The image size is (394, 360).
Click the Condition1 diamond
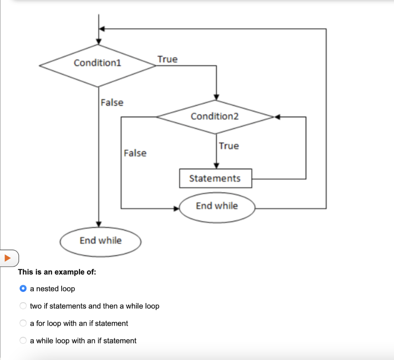point(98,63)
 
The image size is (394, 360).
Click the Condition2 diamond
point(215,116)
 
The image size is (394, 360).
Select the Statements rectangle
point(215,178)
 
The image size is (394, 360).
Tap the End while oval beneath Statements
point(217,206)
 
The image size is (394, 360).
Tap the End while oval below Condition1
point(100,241)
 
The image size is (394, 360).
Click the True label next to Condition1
point(167,59)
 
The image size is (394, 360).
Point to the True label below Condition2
point(229,146)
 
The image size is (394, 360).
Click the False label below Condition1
point(112,103)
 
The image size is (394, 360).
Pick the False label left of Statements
point(135,153)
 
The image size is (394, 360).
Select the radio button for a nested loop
point(23,289)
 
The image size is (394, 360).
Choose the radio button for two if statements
point(23,306)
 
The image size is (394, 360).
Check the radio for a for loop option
point(23,323)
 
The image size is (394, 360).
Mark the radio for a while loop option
point(23,341)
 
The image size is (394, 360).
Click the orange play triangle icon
point(7,258)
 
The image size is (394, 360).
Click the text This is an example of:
point(57,272)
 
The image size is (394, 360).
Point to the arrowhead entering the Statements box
point(217,166)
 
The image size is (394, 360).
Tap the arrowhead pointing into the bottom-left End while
point(99,224)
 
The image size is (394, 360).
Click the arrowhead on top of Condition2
point(217,97)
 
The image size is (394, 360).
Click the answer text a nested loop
point(52,289)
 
